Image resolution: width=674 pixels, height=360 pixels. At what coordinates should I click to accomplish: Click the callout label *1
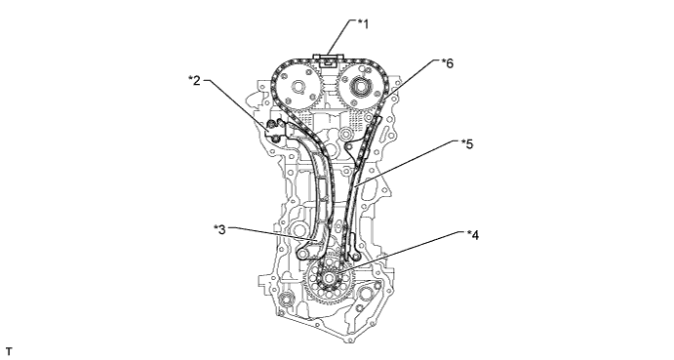364,24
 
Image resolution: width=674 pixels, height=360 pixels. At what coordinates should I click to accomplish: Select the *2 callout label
195,80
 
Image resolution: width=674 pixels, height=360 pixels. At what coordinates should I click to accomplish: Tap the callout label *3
219,229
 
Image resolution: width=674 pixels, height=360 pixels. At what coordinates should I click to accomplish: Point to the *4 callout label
473,235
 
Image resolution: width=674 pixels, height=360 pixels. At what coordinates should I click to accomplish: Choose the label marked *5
467,143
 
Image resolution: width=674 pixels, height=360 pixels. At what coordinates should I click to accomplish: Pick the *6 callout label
448,63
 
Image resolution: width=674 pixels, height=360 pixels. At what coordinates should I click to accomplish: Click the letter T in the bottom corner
9,351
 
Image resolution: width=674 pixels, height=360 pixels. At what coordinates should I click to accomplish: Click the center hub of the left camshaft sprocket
297,87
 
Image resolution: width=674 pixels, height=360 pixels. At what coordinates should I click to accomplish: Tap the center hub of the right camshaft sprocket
359,87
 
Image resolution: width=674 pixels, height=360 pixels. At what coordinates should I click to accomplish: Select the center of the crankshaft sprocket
330,277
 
